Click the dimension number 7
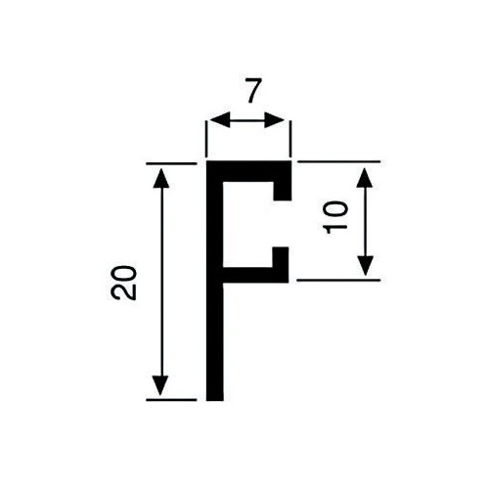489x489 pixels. pos(253,91)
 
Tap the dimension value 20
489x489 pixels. pos(123,283)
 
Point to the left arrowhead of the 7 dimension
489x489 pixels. pos(220,120)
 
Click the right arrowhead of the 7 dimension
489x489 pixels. pos(274,120)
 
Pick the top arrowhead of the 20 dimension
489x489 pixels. pos(161,178)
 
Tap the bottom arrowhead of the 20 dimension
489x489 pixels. pos(160,385)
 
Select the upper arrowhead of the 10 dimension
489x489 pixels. pos(365,178)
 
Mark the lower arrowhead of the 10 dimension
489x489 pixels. pos(365,266)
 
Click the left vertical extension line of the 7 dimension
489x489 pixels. pos(206,139)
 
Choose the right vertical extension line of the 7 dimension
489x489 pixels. pos(290,139)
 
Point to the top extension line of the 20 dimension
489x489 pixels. pos(171,163)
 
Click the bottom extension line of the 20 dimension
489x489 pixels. pos(171,399)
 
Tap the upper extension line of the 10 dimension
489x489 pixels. pos(339,161)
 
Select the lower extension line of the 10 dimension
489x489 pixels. pos(338,280)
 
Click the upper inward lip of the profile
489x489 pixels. pos(283,191)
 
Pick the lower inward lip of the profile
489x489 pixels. pos(281,257)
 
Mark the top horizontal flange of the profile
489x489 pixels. pos(248,171)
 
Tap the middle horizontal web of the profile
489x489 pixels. pos(255,275)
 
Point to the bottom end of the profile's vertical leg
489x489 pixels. pos(215,400)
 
